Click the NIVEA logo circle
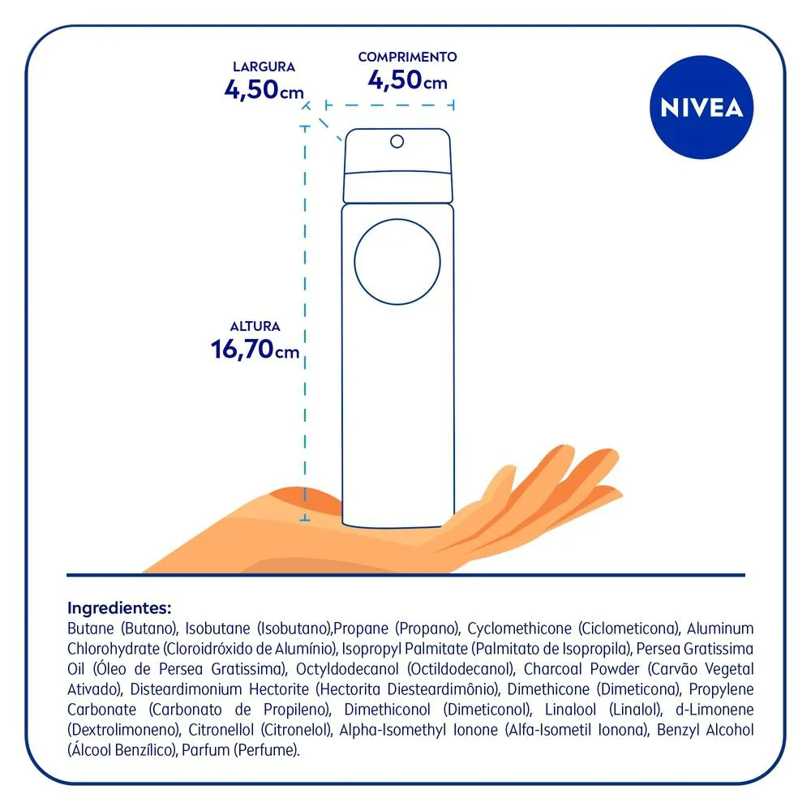click(x=702, y=107)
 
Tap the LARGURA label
click(x=264, y=67)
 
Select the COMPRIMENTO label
click(x=408, y=57)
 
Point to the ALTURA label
click(x=255, y=326)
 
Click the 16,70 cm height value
click(x=255, y=349)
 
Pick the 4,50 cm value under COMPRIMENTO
click(x=408, y=80)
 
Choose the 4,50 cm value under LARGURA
click(x=264, y=89)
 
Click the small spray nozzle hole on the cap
click(x=397, y=141)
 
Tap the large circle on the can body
click(x=397, y=262)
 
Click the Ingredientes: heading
click(x=119, y=607)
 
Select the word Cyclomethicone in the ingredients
click(x=519, y=629)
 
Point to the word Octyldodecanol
click(x=347, y=669)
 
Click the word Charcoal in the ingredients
click(x=553, y=669)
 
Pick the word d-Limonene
click(x=714, y=710)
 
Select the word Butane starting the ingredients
click(x=91, y=629)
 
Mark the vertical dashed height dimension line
click(x=305, y=323)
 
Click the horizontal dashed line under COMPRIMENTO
click(x=390, y=105)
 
